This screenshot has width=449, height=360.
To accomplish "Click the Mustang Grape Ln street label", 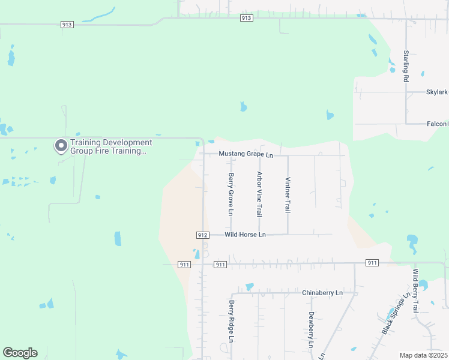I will [x=246, y=154].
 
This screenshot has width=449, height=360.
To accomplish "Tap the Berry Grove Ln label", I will [x=230, y=194].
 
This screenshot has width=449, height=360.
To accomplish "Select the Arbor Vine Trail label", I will [x=259, y=194].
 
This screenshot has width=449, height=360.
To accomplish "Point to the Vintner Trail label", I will [x=288, y=195].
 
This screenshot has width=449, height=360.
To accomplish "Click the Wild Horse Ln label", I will [x=245, y=235].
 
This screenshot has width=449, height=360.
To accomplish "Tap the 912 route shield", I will [x=202, y=235].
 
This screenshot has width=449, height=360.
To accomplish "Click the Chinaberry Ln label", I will [x=322, y=293].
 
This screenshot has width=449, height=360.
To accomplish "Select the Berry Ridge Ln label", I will [x=231, y=322].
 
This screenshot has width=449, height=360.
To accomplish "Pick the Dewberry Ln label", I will [x=311, y=330].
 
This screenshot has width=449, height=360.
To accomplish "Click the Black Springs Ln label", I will [x=396, y=314].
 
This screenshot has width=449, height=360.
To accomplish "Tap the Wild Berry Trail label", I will [x=415, y=291].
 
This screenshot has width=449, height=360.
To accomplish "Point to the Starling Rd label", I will [x=406, y=66].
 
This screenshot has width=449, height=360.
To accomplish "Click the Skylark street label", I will [x=437, y=92].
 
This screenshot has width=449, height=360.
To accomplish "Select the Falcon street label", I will [x=437, y=124].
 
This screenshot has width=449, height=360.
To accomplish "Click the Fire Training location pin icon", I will [x=61, y=146].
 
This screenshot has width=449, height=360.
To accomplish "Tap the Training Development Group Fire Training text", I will [x=111, y=147].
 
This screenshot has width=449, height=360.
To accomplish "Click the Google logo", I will [x=20, y=353].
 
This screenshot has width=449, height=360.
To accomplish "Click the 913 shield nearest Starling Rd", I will [x=246, y=18].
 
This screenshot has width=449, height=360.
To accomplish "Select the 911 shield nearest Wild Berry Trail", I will [x=372, y=263].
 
